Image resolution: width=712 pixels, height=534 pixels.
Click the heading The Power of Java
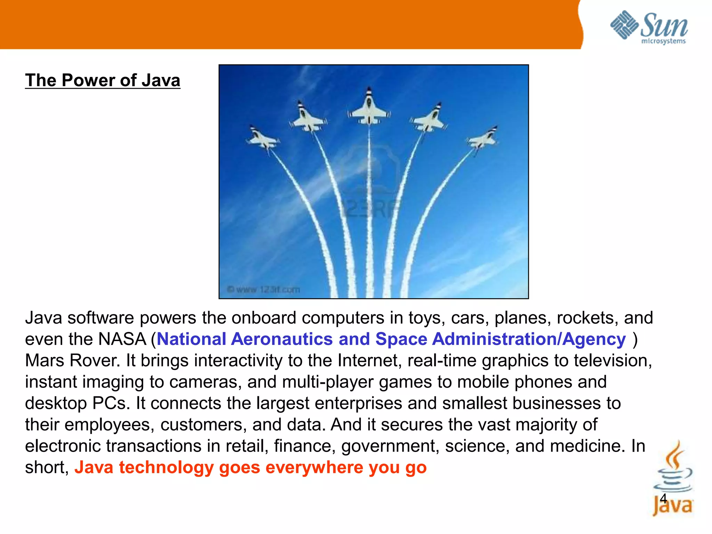103,80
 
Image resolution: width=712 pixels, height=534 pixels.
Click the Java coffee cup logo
673,480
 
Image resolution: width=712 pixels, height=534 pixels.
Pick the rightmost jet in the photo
483,139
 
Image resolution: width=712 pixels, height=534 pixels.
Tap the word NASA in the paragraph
122,339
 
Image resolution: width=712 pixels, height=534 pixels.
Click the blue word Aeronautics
282,339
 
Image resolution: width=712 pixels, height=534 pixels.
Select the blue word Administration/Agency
529,339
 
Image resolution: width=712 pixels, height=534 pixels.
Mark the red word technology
166,468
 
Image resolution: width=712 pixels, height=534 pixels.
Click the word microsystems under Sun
663,41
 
